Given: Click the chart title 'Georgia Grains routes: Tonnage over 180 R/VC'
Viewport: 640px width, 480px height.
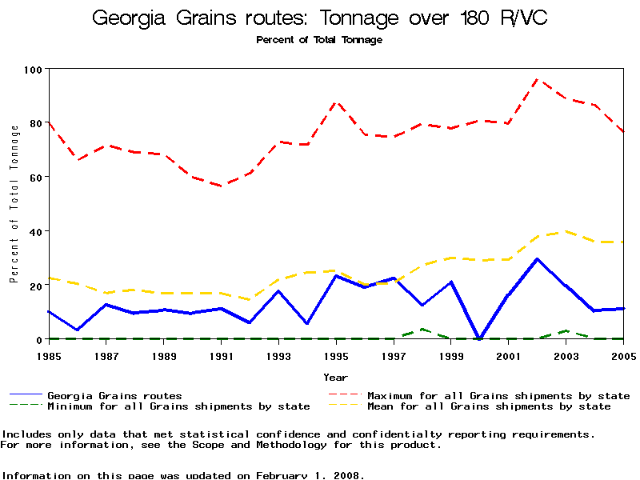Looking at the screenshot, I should [x=320, y=18].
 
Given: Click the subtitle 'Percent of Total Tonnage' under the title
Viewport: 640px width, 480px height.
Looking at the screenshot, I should [x=319, y=40].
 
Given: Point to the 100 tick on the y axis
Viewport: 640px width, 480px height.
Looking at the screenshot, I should [x=33, y=70].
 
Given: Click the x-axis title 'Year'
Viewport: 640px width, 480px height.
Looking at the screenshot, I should [x=336, y=377].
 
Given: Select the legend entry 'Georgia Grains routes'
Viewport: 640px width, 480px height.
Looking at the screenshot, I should [x=114, y=395].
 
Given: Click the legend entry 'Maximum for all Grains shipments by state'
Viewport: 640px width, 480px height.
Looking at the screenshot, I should [x=498, y=395].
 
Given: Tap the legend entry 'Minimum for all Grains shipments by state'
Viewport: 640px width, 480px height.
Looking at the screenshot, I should [x=178, y=406].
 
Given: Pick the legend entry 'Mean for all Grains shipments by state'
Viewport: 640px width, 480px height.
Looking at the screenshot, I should [x=489, y=406].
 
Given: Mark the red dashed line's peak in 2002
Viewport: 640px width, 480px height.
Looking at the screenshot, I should [x=538, y=79].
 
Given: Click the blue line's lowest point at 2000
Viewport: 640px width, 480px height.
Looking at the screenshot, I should [x=480, y=338].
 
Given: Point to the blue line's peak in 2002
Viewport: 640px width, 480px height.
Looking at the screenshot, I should [x=538, y=259].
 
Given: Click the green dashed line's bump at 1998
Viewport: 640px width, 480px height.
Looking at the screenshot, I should [x=422, y=329].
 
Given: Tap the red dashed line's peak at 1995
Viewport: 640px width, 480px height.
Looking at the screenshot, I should [x=337, y=102].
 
